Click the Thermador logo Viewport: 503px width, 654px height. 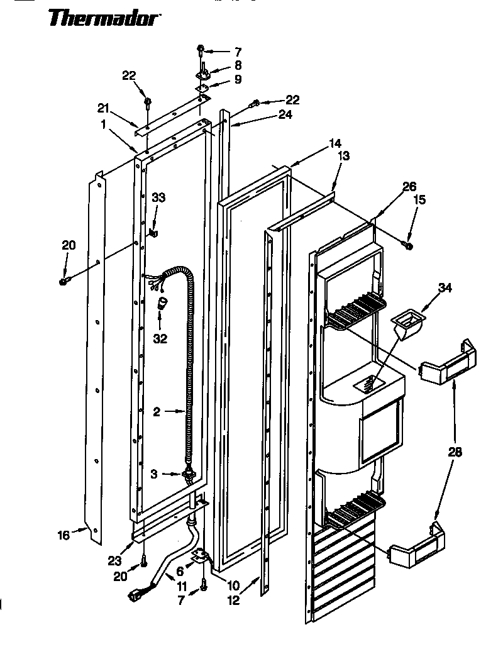pyautogui.click(x=103, y=18)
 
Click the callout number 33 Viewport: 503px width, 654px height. pyautogui.click(x=158, y=197)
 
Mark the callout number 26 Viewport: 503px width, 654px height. pyautogui.click(x=409, y=186)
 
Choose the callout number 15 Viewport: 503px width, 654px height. pyautogui.click(x=419, y=200)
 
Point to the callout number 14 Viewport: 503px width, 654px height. pyautogui.click(x=335, y=144)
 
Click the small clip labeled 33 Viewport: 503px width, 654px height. pyautogui.click(x=153, y=233)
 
